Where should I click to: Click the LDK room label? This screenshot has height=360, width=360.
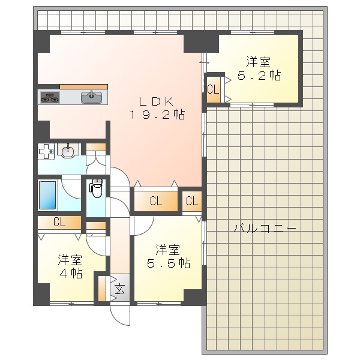158,100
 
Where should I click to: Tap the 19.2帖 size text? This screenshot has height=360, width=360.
158,114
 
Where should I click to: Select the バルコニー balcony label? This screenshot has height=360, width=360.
264,229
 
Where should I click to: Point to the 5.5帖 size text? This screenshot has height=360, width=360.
169,263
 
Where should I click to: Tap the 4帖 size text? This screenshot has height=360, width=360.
70,273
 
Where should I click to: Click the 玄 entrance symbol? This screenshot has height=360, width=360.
119,290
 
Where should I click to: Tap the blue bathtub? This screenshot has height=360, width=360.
49,194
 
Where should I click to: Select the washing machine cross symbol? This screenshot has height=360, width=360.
46,152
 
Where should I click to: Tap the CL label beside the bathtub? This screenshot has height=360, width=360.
59,222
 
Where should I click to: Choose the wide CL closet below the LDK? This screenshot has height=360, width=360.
156,202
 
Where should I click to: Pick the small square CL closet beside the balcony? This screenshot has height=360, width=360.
192,202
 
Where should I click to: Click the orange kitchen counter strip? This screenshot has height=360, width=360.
83,86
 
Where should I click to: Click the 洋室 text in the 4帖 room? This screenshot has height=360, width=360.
70,260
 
